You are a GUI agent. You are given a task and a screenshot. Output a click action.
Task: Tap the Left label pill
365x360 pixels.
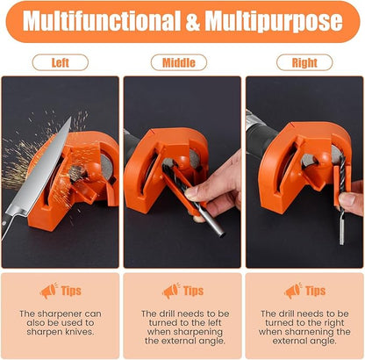coord(61,62)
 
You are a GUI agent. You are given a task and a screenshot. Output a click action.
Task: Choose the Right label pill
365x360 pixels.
coord(304,62)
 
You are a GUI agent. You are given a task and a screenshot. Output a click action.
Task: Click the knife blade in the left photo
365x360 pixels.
coord(35,171)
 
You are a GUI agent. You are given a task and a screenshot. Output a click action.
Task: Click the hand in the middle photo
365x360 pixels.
coord(216,184)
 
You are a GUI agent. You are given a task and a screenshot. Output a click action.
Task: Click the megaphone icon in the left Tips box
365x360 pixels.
coord(47,291)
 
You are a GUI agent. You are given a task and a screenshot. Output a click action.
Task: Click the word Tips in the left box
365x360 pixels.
coord(72,291)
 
